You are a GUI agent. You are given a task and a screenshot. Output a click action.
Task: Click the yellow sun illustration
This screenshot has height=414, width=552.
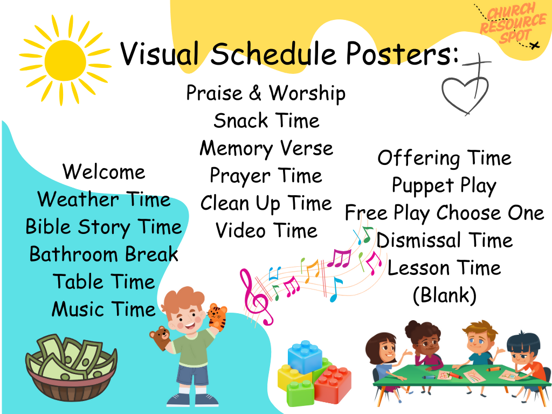point(65,60)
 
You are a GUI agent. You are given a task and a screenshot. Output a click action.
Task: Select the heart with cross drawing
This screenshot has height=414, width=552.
point(466,86)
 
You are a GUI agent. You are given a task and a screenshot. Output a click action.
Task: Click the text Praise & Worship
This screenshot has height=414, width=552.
point(266,94)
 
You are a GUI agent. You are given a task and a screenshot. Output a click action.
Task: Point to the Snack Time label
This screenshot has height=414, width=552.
point(266,121)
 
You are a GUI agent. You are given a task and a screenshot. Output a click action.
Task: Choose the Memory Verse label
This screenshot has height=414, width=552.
point(266,149)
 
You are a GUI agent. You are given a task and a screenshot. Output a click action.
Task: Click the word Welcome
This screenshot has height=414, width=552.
point(104,172)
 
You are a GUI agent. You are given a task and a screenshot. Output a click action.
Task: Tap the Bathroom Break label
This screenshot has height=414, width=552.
point(104,254)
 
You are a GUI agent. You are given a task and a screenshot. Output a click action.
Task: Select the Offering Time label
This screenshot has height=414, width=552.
point(444,158)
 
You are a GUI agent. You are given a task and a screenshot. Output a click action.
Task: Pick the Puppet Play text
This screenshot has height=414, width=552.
point(444,186)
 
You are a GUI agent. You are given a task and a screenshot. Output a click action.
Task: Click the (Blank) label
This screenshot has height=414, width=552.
point(444,295)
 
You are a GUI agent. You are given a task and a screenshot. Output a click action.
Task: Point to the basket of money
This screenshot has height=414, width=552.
point(71,368)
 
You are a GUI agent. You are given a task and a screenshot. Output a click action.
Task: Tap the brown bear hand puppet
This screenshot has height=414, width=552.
point(161,337)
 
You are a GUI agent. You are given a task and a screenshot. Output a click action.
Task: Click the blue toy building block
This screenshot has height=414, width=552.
point(305,357)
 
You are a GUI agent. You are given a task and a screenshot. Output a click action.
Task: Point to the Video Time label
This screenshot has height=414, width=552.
point(266,231)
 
